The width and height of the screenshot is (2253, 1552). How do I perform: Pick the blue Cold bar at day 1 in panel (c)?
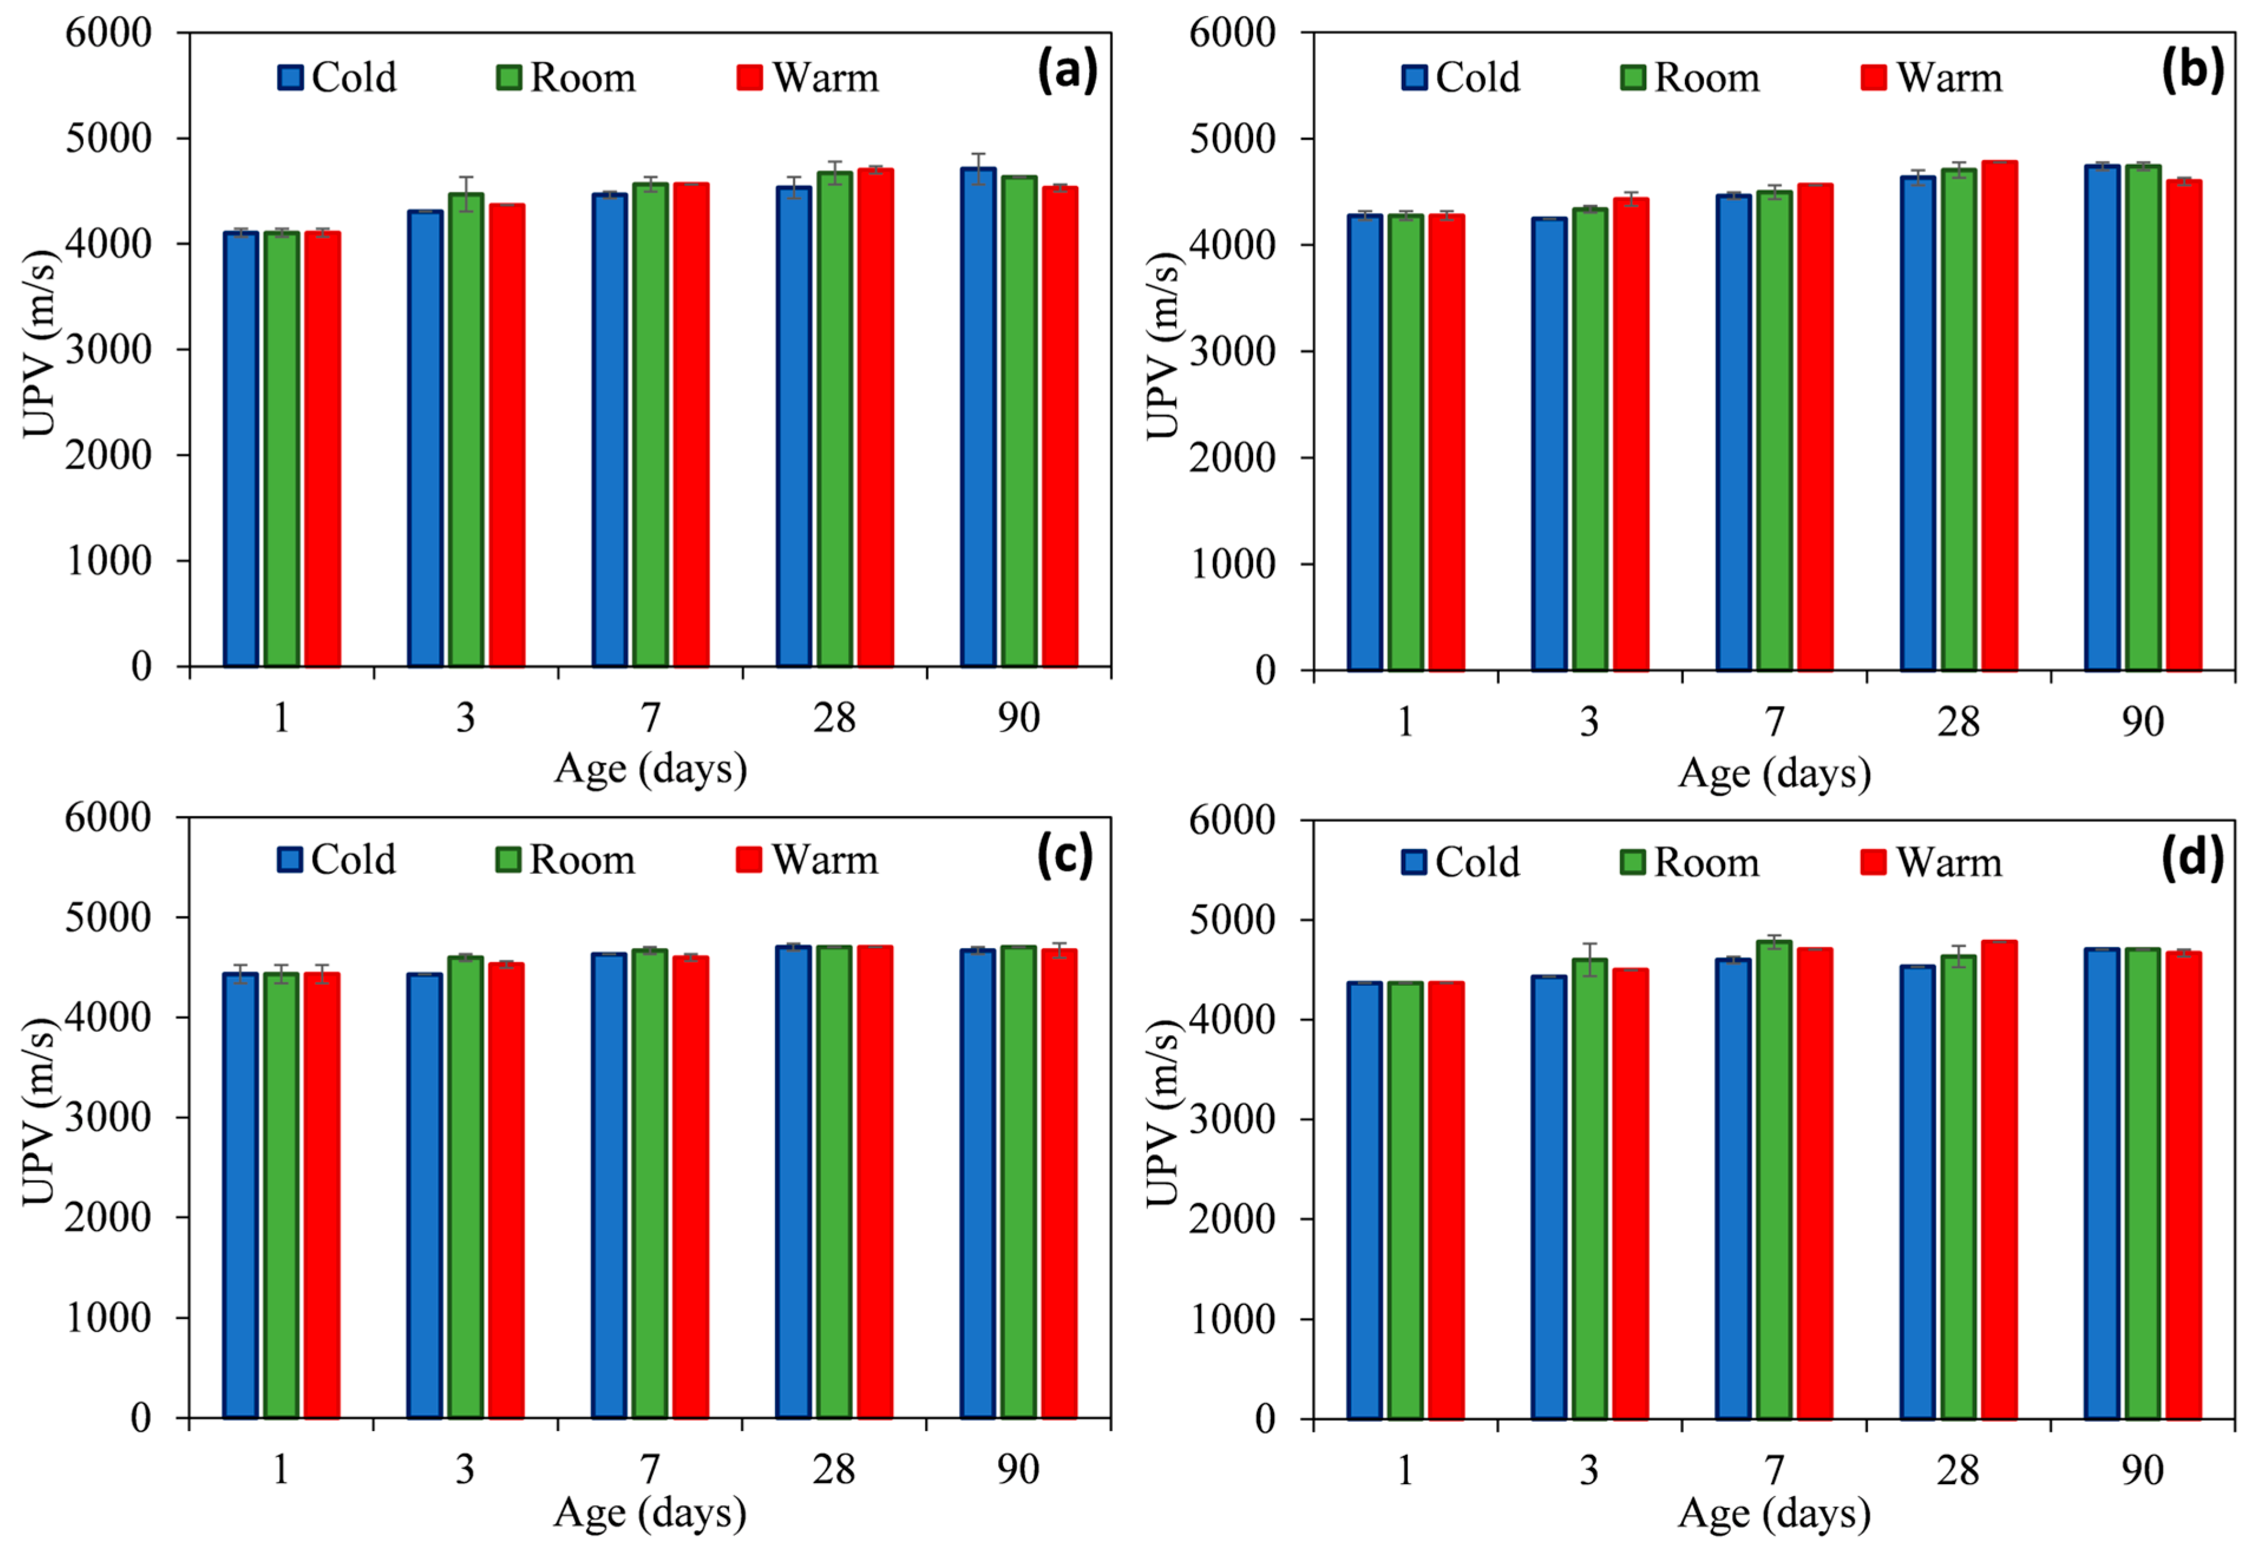[240, 1195]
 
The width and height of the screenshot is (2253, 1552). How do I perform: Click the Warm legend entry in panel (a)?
[808, 78]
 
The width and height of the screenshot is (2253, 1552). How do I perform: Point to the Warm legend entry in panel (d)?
[1931, 863]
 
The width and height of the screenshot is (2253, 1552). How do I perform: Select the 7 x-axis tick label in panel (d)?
[1775, 1470]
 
